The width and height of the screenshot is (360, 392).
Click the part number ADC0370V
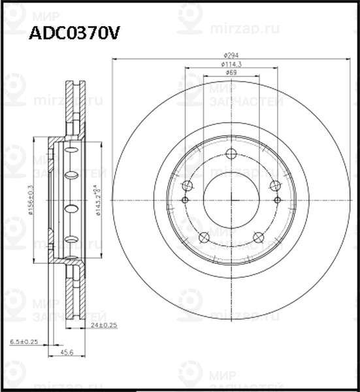point(73,33)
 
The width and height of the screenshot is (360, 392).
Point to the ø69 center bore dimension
point(231,73)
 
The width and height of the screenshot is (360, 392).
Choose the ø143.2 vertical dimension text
point(97,199)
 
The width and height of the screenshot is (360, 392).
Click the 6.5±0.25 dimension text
point(24,342)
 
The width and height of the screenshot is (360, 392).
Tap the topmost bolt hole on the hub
point(231,154)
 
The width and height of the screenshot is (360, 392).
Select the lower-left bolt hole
point(203,237)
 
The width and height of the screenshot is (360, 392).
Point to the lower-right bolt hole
point(258,237)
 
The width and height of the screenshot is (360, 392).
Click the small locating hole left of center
point(185,200)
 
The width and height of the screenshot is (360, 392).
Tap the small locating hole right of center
point(277,200)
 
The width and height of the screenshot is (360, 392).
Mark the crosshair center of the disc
point(231,200)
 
